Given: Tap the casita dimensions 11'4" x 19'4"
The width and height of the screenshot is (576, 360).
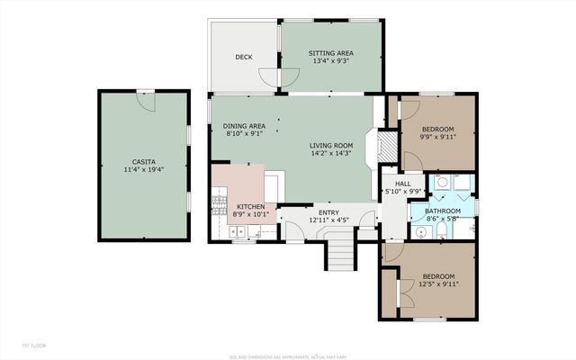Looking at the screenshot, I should [143, 169].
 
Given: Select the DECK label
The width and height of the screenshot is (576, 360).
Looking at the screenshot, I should [244, 58].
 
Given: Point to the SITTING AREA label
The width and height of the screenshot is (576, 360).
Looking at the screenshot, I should [330, 53].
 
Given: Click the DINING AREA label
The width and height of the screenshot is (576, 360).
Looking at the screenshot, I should [244, 126].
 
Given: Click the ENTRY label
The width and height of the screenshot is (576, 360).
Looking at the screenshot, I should [328, 211].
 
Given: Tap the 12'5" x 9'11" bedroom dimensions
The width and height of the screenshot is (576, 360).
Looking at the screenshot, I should [438, 284].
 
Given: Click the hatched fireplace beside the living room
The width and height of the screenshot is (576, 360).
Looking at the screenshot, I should [385, 147].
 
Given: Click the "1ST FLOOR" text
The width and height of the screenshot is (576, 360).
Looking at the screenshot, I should [34, 346].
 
